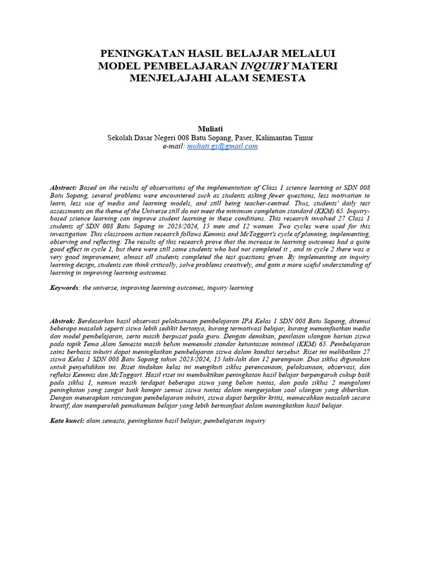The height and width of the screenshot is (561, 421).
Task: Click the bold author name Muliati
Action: click(x=210, y=128)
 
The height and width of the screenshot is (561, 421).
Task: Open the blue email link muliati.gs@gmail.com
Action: click(x=222, y=146)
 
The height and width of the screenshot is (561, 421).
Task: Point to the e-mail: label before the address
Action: click(x=174, y=146)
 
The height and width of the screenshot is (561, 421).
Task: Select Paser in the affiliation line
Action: click(x=248, y=138)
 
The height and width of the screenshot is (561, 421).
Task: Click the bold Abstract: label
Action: click(x=63, y=187)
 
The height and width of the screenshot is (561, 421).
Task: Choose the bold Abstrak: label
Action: click(x=62, y=320)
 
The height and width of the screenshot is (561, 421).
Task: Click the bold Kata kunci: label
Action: click(x=66, y=421)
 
